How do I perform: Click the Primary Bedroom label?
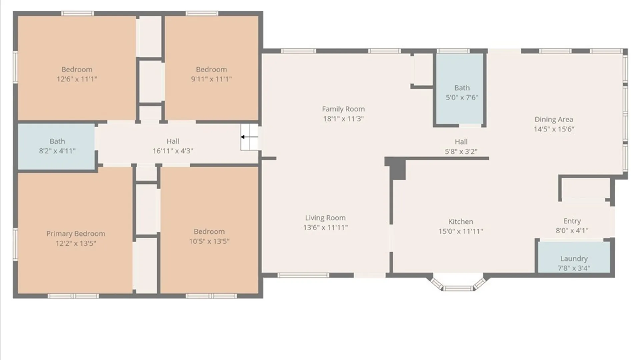point(76,234)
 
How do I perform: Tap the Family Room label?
point(343,109)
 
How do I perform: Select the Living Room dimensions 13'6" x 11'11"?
point(325,227)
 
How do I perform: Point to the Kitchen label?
point(461,222)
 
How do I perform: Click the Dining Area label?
point(554,119)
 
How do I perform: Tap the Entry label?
point(572,221)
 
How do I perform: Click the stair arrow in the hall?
point(249,137)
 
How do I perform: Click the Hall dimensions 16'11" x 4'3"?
point(173,151)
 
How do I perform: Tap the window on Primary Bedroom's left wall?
point(15,244)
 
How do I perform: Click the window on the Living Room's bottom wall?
point(303,275)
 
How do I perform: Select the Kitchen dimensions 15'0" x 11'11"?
point(461,231)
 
